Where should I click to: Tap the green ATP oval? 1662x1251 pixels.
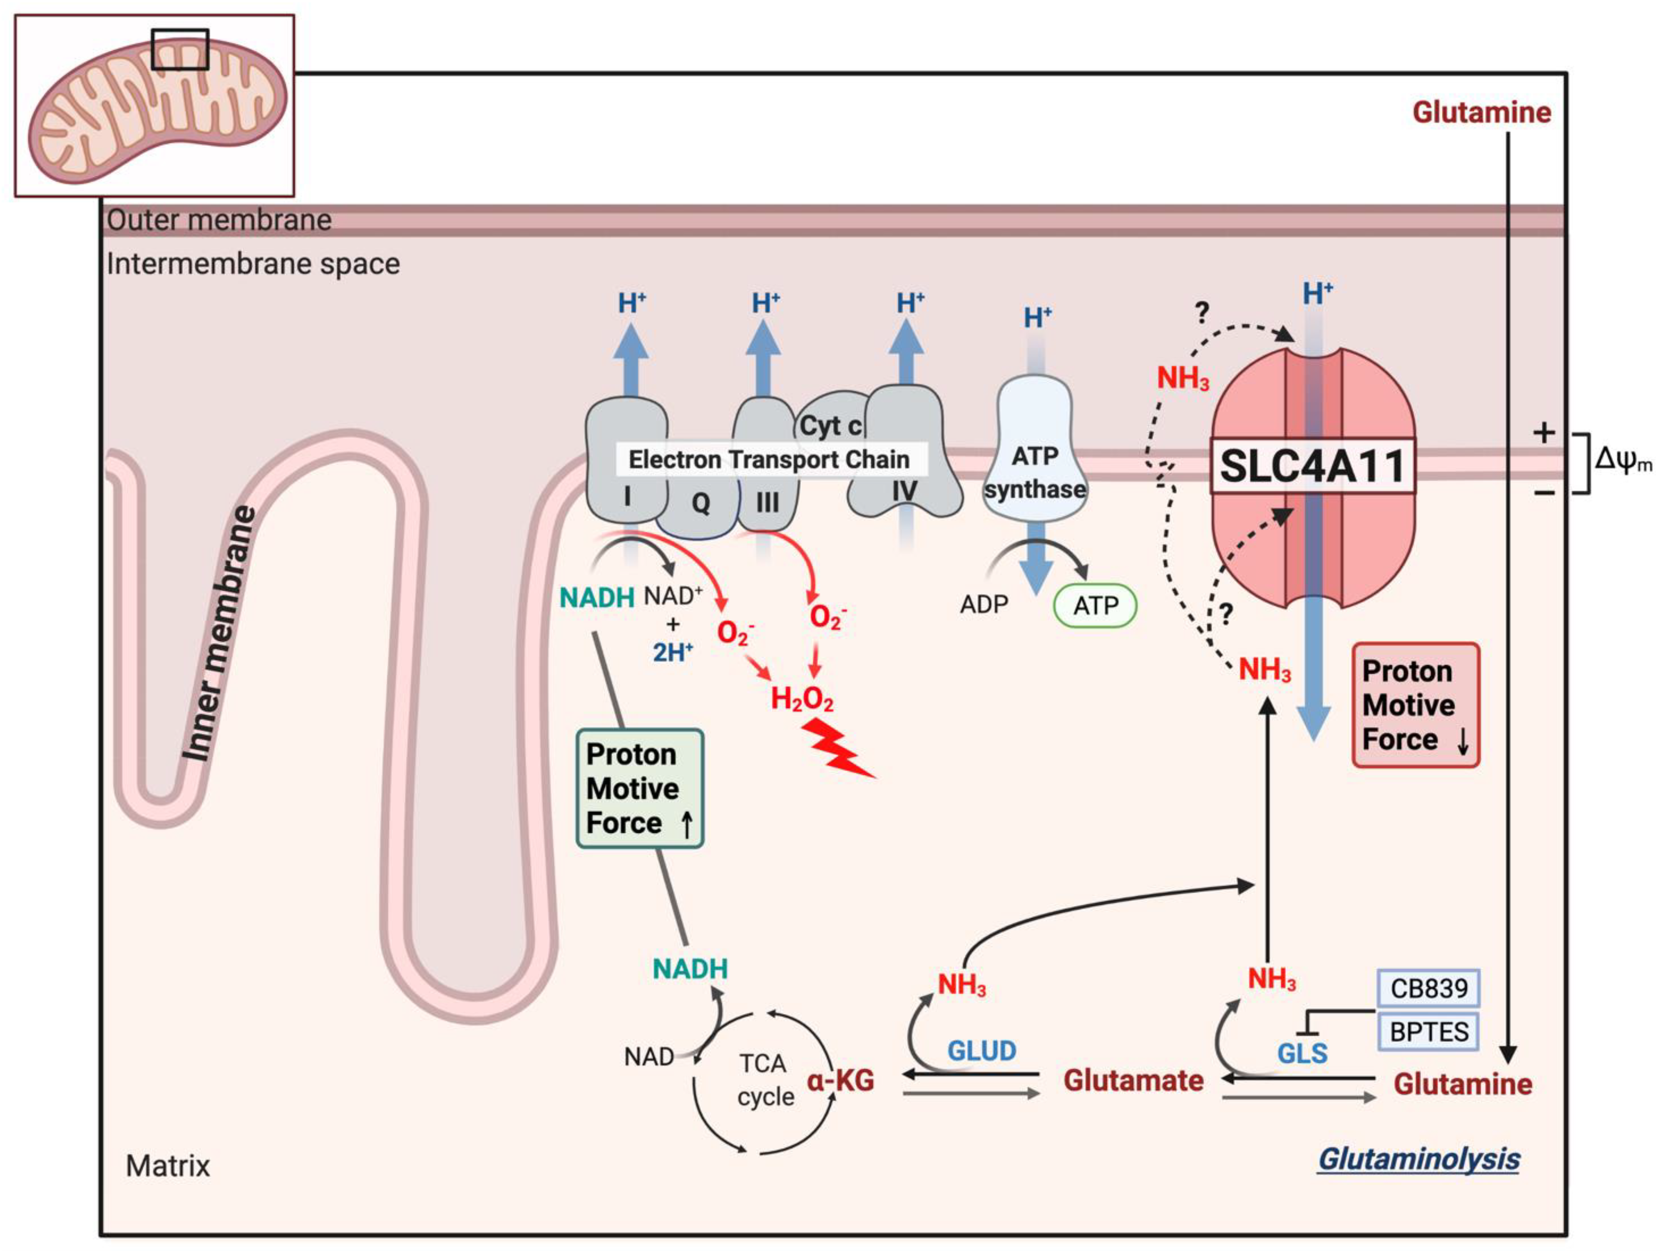[x=1096, y=605]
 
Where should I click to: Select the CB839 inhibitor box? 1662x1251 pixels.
[x=1428, y=988]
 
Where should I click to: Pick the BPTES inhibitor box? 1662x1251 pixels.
[x=1428, y=1031]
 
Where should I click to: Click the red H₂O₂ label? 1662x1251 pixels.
[x=802, y=699]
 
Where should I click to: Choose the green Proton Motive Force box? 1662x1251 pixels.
[x=639, y=789]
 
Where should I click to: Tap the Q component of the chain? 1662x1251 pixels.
[x=700, y=502]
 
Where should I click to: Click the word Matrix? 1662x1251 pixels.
[x=168, y=1165]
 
